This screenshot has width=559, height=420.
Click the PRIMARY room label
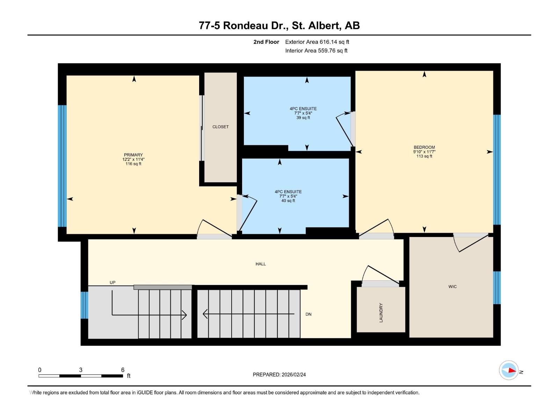click(x=133, y=155)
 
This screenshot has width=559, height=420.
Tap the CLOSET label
click(x=220, y=127)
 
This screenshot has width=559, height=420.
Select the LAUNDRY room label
click(x=381, y=313)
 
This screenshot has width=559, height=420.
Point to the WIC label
click(x=452, y=287)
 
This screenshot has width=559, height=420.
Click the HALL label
click(x=261, y=264)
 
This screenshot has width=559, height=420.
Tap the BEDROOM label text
click(x=424, y=147)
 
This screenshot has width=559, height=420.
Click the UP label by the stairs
click(x=112, y=282)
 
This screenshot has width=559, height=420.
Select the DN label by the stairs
click(x=308, y=314)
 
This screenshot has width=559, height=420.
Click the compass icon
click(x=509, y=370)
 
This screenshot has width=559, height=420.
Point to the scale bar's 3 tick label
click(x=81, y=370)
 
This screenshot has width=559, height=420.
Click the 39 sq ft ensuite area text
click(x=303, y=118)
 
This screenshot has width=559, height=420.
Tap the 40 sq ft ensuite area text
click(x=288, y=201)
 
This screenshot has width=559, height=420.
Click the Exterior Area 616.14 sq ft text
click(x=317, y=42)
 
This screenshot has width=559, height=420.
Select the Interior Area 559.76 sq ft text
click(x=316, y=50)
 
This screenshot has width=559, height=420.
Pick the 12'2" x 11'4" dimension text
click(x=133, y=159)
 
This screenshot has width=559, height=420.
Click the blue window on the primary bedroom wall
click(x=62, y=166)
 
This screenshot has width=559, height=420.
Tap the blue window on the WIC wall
click(x=497, y=288)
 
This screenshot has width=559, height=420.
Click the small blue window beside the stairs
click(x=84, y=305)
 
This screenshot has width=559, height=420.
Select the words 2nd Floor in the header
click(x=266, y=42)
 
